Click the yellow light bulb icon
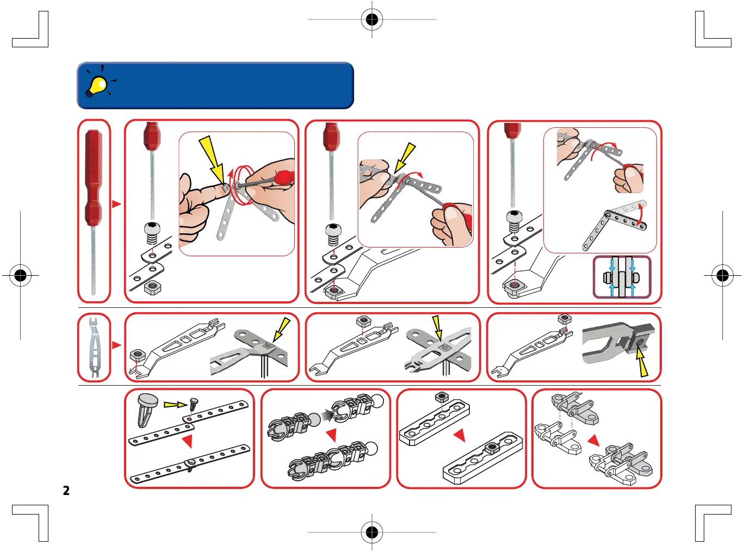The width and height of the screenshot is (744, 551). (98, 84)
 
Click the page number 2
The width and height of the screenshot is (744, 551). (66, 491)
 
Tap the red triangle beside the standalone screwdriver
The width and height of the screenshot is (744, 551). (116, 204)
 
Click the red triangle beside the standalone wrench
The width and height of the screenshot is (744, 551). (116, 345)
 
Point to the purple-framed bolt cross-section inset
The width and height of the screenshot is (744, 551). (622, 277)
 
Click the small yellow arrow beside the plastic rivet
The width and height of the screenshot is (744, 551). (175, 404)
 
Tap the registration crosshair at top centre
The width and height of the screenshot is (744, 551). (372, 20)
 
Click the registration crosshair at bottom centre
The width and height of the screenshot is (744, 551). (372, 531)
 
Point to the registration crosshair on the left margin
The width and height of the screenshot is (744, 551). (21, 275)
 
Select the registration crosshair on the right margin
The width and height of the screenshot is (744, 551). (722, 275)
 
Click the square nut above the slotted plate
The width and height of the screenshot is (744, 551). (442, 398)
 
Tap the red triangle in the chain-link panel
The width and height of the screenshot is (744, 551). (593, 439)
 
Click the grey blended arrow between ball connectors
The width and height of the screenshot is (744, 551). (327, 416)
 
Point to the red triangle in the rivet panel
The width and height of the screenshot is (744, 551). (187, 441)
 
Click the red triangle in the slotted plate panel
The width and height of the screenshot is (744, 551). (460, 435)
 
